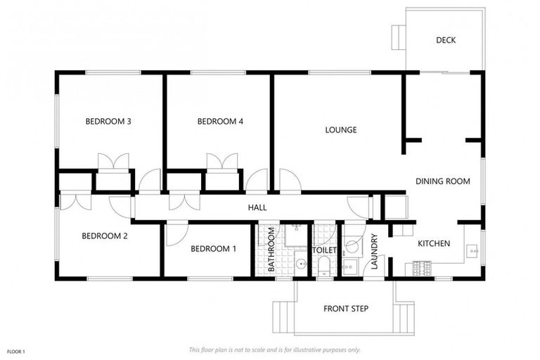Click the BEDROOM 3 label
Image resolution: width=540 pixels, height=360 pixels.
point(109,122)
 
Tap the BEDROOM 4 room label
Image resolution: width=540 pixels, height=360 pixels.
point(220,122)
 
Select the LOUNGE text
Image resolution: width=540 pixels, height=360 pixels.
point(341,130)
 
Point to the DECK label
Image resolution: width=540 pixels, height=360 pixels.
point(446,40)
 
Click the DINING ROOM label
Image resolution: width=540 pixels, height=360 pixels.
point(442,181)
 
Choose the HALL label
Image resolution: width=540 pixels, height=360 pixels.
point(257,208)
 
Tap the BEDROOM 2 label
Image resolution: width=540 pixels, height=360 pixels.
point(105,236)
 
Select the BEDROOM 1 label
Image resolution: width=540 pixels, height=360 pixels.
point(214,249)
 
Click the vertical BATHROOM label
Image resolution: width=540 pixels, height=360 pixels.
point(271,250)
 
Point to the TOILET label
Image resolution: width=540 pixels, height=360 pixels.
point(325,250)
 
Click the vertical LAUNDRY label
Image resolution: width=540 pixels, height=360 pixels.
point(374,252)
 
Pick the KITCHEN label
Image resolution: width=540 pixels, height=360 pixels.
point(434,244)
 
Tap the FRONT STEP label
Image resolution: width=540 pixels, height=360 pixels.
point(346,309)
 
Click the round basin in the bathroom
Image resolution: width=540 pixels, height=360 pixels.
point(301,264)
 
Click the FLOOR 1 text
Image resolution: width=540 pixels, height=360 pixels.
point(16,351)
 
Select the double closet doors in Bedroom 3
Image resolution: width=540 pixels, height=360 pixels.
point(112,161)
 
